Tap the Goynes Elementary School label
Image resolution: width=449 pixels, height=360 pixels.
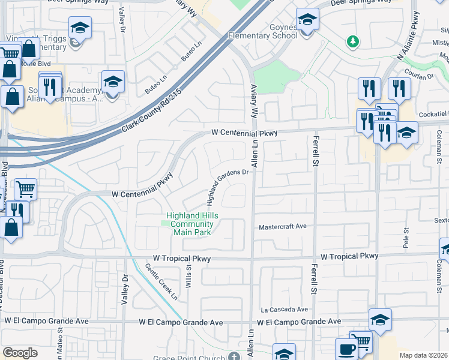click(263, 31)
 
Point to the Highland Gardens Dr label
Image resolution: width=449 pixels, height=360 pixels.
click(228, 178)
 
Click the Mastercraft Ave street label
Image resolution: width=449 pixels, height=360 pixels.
click(283, 227)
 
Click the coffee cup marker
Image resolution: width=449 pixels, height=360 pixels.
click(345, 349)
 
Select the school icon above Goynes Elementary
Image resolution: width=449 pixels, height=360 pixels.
click(307, 20)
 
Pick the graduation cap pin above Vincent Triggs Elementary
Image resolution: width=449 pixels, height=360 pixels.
click(79, 28)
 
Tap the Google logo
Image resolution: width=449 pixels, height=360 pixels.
click(20, 352)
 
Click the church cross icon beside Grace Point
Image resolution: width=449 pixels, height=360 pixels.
click(234, 357)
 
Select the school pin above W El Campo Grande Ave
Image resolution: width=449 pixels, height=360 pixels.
click(380, 319)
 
